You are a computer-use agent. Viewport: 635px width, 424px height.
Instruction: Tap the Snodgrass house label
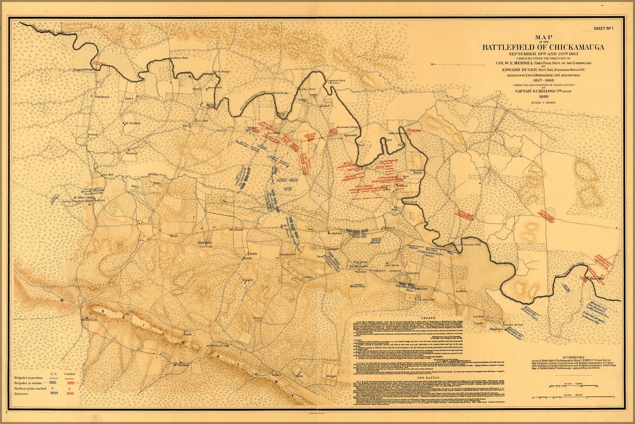(x=287, y=255)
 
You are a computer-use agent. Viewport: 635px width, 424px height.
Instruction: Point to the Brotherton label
(x=335, y=233)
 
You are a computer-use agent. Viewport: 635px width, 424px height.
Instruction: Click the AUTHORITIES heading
(x=576, y=357)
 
